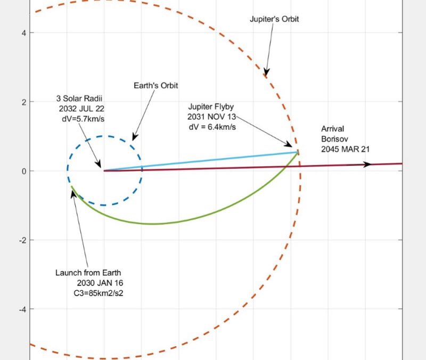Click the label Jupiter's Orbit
(274, 19)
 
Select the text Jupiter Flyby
(210, 107)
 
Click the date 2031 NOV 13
(210, 117)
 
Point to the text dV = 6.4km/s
(210, 127)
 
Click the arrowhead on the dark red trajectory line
(367, 165)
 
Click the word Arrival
(332, 129)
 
